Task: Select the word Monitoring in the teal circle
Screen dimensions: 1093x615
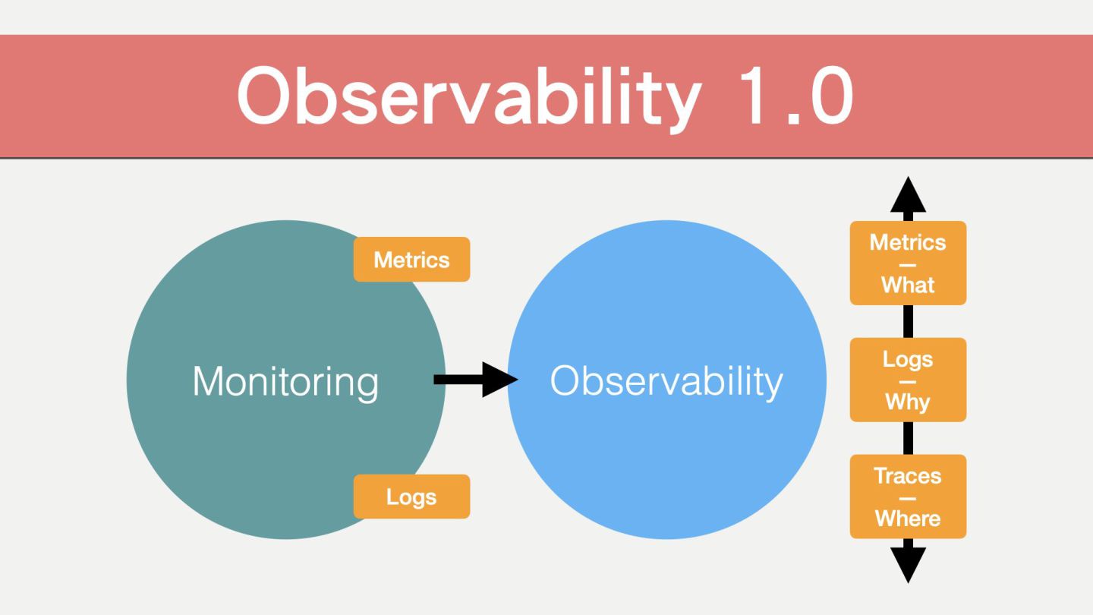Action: coord(285,380)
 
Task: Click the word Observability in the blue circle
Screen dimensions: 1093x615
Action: coord(666,380)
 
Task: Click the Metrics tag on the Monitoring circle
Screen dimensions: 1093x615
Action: coord(411,260)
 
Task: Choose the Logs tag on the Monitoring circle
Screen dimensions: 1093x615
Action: coord(411,497)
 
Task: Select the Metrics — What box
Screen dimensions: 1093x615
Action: coord(908,263)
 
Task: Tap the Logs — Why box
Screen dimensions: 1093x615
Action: coord(908,380)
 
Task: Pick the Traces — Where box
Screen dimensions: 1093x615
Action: coord(908,497)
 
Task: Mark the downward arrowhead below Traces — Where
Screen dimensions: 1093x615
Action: coord(908,564)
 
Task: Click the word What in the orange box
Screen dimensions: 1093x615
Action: coord(908,285)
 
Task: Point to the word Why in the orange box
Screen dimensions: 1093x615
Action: coord(908,402)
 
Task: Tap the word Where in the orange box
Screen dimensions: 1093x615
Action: coord(908,519)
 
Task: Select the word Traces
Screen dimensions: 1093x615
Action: coord(908,476)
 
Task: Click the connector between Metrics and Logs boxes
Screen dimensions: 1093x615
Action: coord(908,321)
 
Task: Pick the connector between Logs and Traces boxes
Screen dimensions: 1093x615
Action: coord(908,438)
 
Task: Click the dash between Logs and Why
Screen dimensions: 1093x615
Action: coord(908,381)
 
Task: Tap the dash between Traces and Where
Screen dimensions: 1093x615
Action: coord(908,498)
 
